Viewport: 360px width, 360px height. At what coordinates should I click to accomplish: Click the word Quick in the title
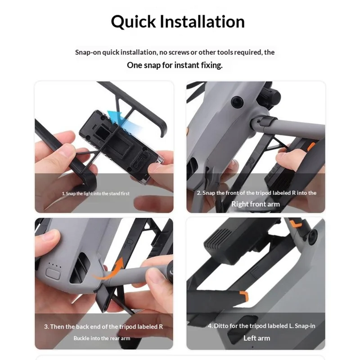tap(133, 22)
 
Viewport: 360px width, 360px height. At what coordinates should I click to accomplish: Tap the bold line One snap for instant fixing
tap(175, 65)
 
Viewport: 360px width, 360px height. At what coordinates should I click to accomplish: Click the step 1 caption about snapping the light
tap(95, 193)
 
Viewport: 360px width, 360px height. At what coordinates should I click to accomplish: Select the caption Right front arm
tap(256, 204)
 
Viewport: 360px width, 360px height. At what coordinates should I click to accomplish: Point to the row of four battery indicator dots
tap(55, 265)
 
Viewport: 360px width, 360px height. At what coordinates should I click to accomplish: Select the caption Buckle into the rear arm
tap(104, 338)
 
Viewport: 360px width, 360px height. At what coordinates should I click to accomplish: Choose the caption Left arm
tap(256, 338)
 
